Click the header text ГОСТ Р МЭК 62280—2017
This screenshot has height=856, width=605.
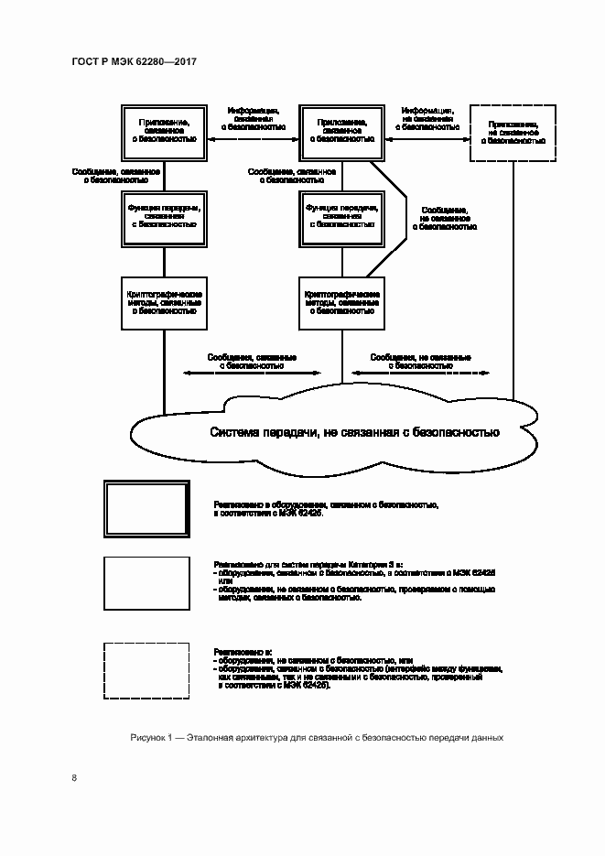click(x=134, y=62)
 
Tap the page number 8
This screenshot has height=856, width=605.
click(x=74, y=778)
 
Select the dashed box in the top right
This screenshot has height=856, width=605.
click(x=512, y=133)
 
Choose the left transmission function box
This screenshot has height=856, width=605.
click(x=163, y=216)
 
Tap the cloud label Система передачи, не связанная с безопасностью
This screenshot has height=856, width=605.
click(x=354, y=432)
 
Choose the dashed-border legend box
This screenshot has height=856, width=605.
click(x=146, y=671)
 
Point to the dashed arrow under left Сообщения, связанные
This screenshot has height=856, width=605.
click(x=252, y=373)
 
